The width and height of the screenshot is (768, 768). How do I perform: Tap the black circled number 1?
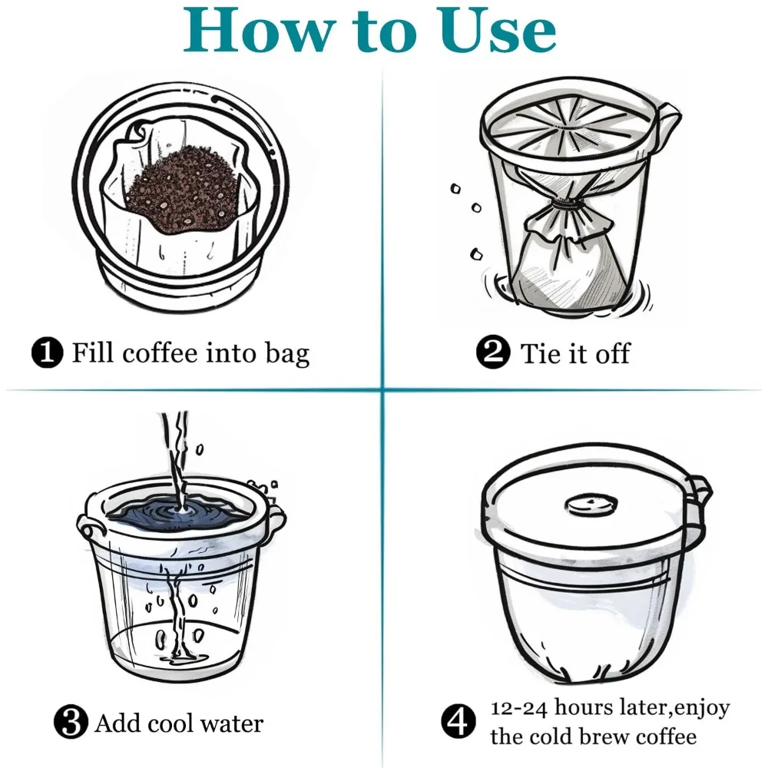click(47, 353)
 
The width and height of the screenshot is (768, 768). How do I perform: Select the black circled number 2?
click(493, 351)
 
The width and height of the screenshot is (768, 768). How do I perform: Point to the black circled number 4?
click(458, 720)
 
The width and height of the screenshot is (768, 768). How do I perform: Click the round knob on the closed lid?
click(591, 505)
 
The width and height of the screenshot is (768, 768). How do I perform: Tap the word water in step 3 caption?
click(232, 723)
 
